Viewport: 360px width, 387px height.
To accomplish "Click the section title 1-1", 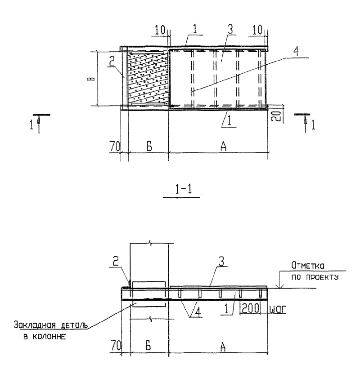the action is [184, 190].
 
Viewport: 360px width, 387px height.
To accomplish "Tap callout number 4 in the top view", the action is [296, 51].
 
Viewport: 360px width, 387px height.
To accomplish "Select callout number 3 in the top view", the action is [230, 29].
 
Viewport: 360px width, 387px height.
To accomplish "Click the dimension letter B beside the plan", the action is [91, 79].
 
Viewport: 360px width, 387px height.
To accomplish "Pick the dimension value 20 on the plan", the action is [278, 116].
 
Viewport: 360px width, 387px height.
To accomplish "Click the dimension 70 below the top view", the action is [115, 147].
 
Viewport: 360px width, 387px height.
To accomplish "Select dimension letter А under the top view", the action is [223, 147].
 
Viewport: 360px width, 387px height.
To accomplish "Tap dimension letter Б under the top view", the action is [149, 147].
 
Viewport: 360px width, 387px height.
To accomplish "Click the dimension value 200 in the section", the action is [250, 308].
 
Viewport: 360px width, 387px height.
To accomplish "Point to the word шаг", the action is [278, 310].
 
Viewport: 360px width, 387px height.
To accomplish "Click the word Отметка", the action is [308, 266].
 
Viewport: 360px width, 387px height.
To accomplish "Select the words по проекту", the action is [315, 277].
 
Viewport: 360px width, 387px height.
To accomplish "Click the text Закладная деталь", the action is [50, 325].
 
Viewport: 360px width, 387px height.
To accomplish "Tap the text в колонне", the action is [45, 337].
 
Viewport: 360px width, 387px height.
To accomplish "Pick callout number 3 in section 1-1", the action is [221, 262].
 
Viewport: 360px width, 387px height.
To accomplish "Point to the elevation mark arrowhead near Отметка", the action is [280, 286].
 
